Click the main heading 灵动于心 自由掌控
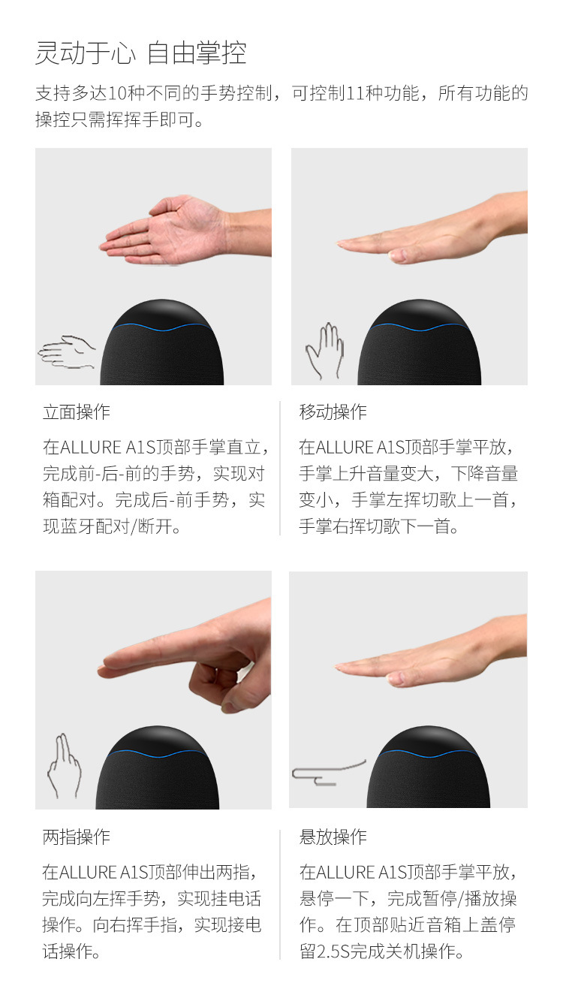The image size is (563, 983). tap(140, 53)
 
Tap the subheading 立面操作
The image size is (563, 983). tap(77, 412)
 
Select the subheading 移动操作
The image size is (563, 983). tap(333, 412)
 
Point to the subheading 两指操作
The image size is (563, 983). tap(77, 837)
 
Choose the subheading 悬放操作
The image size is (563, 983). tap(333, 837)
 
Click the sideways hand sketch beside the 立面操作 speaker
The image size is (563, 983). tap(66, 352)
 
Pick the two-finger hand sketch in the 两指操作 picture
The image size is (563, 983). tap(65, 766)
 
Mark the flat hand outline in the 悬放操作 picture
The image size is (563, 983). tap(328, 773)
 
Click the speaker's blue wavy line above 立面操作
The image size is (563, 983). tap(161, 327)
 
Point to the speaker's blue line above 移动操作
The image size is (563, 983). tap(419, 327)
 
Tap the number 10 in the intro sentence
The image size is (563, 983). tap(117, 93)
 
